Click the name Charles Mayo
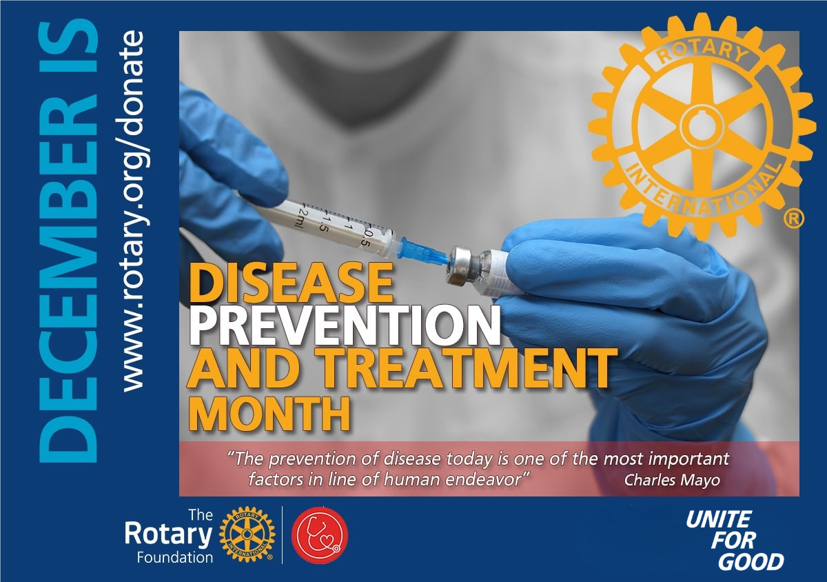tap(672, 481)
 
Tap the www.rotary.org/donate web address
tap(132, 210)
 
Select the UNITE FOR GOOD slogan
tap(735, 540)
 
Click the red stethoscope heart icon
tap(320, 534)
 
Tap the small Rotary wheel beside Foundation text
tap(247, 534)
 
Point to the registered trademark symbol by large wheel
tap(793, 219)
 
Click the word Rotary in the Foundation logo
tap(169, 534)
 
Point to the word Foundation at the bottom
tap(175, 557)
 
